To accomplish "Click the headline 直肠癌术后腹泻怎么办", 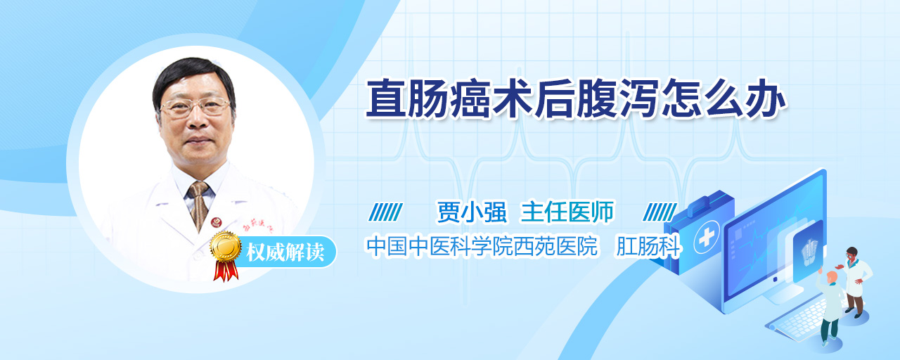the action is (x=575, y=99).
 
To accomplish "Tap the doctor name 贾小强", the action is (x=472, y=212).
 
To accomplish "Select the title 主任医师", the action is (x=567, y=212).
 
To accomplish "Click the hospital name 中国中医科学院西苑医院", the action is (x=482, y=246).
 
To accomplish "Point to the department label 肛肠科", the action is (x=648, y=246).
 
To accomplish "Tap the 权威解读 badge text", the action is (x=285, y=252).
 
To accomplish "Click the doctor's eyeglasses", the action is (x=195, y=106).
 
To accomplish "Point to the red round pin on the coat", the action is (x=217, y=222).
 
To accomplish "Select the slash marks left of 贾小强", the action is (x=385, y=212).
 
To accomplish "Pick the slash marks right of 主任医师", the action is (x=660, y=212).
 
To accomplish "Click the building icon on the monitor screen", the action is (x=809, y=252).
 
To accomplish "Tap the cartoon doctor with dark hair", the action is (x=856, y=282).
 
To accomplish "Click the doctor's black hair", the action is (x=192, y=75).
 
